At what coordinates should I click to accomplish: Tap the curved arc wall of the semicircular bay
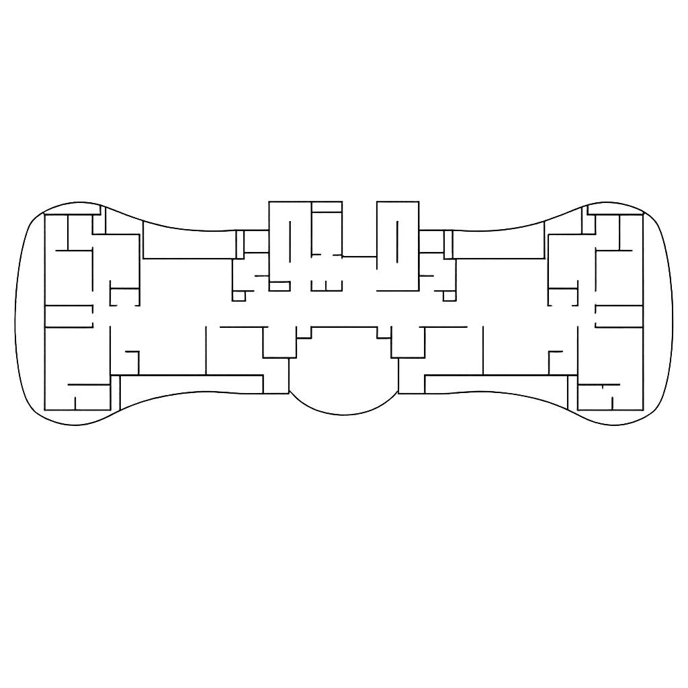343,415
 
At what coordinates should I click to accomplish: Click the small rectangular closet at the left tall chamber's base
279,286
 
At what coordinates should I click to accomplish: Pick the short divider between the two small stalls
326,286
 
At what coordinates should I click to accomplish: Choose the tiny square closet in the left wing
239,296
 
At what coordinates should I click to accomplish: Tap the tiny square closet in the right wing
449,296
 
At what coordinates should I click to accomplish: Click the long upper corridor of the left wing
189,245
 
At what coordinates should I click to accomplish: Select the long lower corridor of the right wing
496,384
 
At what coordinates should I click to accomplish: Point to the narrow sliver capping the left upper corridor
240,245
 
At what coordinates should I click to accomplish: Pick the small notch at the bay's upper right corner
384,332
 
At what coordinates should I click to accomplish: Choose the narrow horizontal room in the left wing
69,316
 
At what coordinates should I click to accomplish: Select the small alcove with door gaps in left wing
124,296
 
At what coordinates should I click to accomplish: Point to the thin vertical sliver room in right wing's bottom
572,393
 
